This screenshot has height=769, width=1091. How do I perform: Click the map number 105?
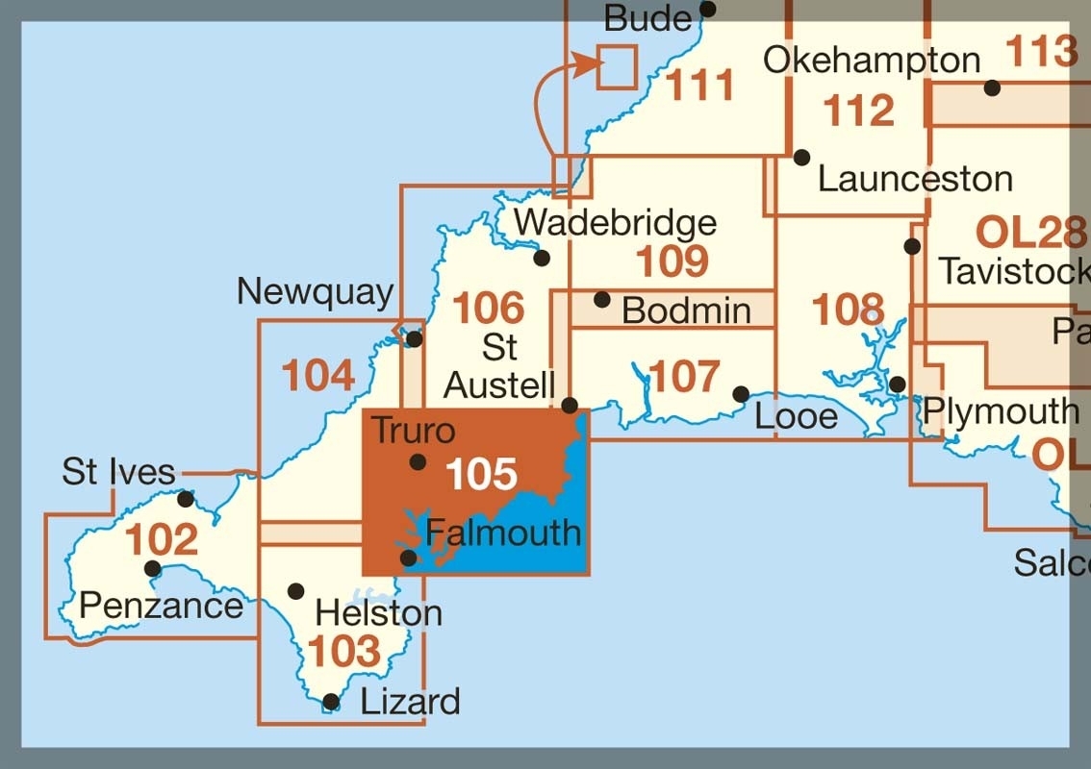tap(482, 475)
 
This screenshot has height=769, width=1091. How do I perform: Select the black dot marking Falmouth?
tap(409, 558)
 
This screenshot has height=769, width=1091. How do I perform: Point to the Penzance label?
tap(161, 606)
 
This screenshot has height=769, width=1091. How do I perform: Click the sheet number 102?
tap(162, 540)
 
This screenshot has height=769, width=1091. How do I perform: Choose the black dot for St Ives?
tap(186, 499)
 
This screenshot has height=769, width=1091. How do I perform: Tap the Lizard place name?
tap(410, 702)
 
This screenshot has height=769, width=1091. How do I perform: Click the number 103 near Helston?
tap(344, 652)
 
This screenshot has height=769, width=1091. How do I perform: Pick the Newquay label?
tap(316, 292)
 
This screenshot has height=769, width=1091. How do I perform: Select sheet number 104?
tap(318, 375)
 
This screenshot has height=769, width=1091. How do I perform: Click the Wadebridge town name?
tap(615, 223)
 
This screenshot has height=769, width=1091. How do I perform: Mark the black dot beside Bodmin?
tap(602, 300)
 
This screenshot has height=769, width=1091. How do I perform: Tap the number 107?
tap(684, 377)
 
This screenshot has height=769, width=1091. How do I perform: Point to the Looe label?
tap(796, 416)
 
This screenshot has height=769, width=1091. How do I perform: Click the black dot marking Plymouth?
tap(898, 384)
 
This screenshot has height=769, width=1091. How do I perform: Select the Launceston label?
tap(915, 179)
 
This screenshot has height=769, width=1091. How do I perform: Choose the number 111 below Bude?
tap(700, 87)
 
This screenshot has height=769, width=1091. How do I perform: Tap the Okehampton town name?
tap(871, 61)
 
